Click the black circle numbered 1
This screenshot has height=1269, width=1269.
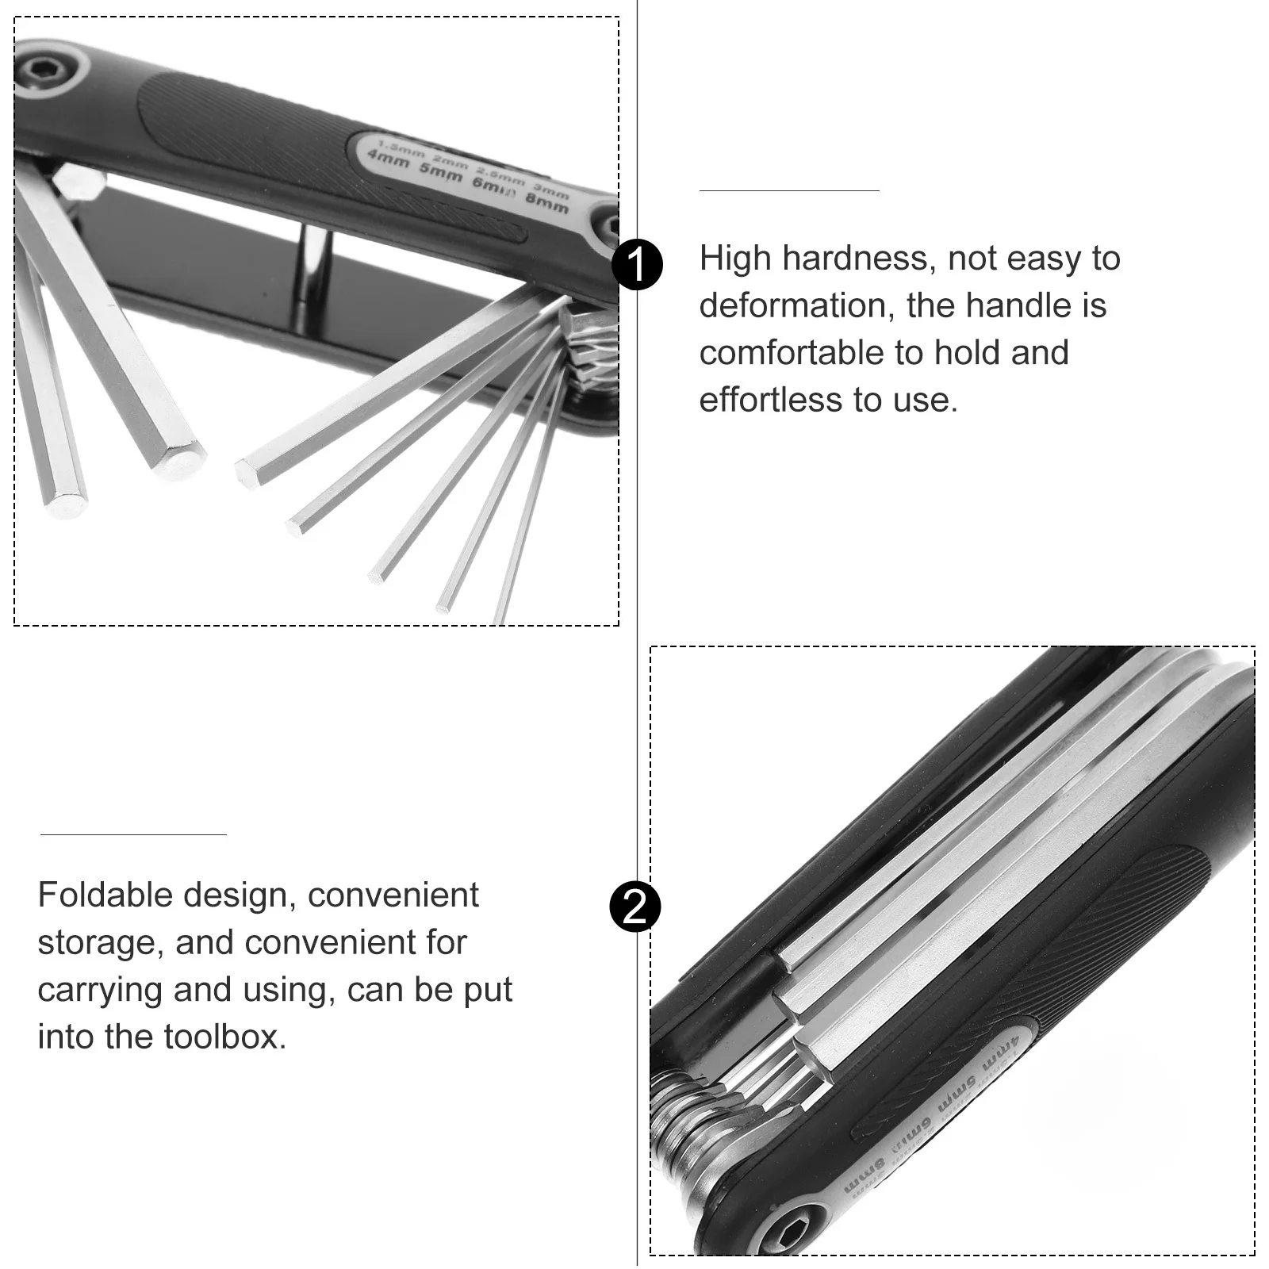[637, 265]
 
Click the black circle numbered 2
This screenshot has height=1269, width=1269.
[635, 906]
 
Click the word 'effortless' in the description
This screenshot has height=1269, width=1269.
[770, 400]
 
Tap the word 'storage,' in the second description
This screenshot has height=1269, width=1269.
[101, 943]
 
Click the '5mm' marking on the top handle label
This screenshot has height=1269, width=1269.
[441, 173]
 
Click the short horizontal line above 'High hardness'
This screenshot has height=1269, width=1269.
[789, 190]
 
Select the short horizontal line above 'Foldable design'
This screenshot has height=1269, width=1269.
[133, 834]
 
